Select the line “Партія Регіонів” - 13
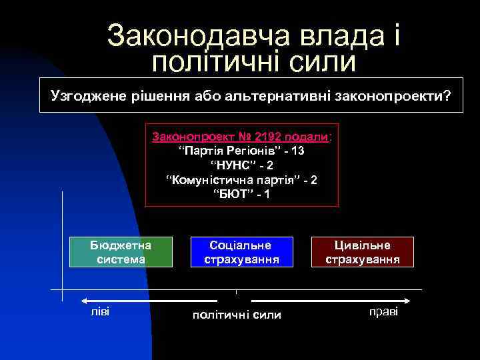tap(242, 151)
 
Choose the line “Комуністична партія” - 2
tap(242, 180)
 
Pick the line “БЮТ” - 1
tap(242, 195)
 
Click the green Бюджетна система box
tap(121, 252)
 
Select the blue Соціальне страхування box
tap(241, 252)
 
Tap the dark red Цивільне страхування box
tap(363, 252)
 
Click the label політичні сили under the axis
tap(237, 315)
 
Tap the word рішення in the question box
tap(155, 97)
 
